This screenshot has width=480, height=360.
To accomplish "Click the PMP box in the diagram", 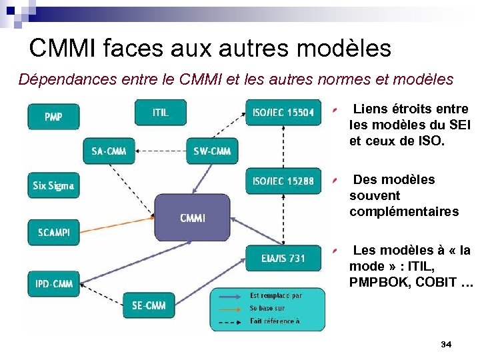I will pos(53,117).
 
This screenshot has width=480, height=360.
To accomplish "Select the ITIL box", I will pos(161,112).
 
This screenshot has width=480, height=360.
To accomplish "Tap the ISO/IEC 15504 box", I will pos(283,112).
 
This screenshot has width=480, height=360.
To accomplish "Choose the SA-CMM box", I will pos(109,151).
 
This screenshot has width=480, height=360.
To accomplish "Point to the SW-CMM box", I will pos(212,151).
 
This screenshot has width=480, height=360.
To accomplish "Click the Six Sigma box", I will pos(53,185).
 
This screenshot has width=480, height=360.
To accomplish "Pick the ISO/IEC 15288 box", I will pos(283,181).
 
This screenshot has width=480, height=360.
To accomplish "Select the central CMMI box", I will pos(193,217).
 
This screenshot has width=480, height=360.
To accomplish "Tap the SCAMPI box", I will pos(53,233).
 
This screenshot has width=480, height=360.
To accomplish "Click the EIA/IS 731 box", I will pos(283,258).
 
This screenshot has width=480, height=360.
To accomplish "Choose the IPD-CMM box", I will pos(53,284).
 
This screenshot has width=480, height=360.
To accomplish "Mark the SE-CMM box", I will pos(149,305).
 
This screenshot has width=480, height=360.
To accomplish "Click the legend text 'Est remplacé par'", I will pos(275,295).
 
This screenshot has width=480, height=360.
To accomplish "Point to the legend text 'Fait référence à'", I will pos(274,321).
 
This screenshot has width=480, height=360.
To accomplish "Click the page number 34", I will pos(446,344).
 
